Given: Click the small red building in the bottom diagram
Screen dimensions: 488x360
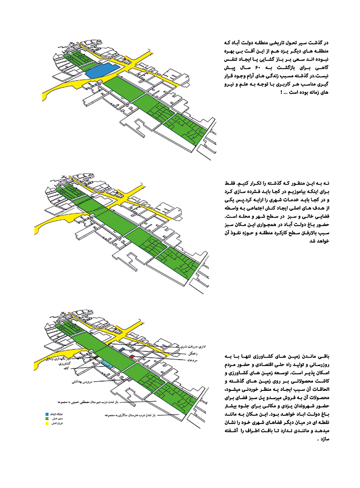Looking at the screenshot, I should point(132,357).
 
